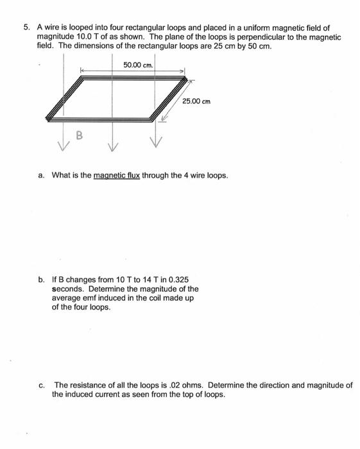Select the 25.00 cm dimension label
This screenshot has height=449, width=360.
tap(196, 101)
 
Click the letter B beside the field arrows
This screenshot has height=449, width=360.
tap(80, 135)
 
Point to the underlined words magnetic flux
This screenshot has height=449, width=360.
tap(117, 175)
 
